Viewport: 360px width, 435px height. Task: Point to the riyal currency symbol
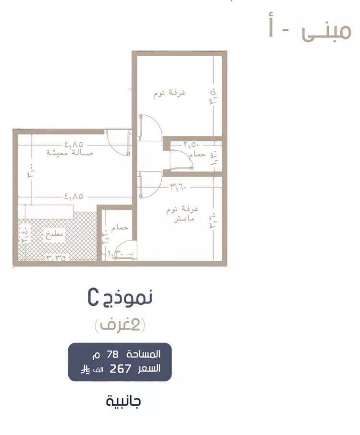pos(84,370)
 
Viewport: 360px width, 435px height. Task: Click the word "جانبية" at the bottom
pos(124,401)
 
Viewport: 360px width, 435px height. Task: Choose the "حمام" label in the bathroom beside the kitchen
pos(120,228)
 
